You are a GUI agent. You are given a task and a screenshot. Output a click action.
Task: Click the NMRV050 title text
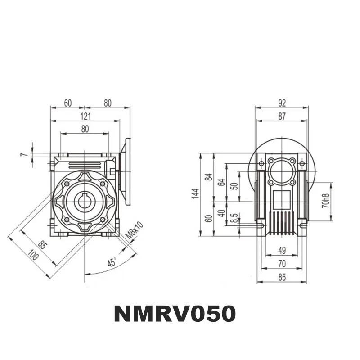[175, 314]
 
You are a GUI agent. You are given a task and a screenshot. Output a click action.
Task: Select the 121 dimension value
[85, 116]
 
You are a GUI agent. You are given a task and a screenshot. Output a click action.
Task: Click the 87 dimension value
[282, 116]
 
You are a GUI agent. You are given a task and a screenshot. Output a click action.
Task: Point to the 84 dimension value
[208, 176]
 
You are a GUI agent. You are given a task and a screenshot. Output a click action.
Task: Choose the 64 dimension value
[221, 182]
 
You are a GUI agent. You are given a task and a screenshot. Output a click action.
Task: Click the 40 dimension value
[221, 213]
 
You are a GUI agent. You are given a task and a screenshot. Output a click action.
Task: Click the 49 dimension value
[282, 250]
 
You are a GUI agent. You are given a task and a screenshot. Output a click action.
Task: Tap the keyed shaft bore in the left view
[84, 201]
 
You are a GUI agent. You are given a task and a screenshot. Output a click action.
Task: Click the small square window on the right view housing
[282, 197]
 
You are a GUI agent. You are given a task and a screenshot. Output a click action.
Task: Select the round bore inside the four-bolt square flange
[282, 171]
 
